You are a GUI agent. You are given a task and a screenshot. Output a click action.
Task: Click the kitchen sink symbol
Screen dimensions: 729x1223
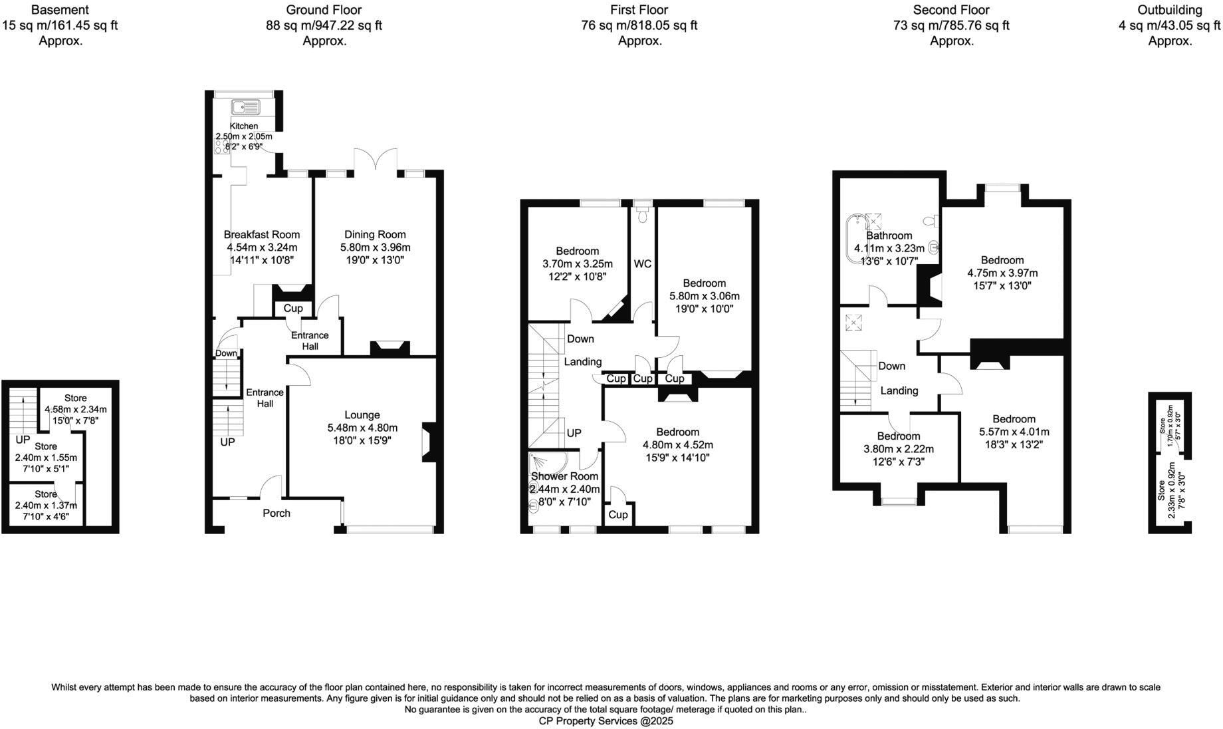pyautogui.click(x=247, y=106)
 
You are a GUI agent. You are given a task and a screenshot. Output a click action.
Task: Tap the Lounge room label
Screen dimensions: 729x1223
pyautogui.click(x=362, y=415)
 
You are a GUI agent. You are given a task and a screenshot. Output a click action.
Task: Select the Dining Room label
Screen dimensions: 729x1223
pyautogui.click(x=375, y=234)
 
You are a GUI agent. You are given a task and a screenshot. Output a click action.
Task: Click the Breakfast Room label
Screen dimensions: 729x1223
pyautogui.click(x=261, y=234)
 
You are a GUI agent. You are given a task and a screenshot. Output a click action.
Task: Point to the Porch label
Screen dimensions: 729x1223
pyautogui.click(x=277, y=513)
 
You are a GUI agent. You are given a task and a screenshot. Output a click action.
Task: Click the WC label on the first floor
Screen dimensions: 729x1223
pyautogui.click(x=642, y=264)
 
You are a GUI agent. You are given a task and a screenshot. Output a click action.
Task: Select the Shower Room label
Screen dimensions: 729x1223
pyautogui.click(x=564, y=476)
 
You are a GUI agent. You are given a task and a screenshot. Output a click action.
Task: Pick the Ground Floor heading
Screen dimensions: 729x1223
pyautogui.click(x=324, y=10)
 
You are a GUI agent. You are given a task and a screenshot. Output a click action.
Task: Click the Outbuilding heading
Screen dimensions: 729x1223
pyautogui.click(x=1169, y=10)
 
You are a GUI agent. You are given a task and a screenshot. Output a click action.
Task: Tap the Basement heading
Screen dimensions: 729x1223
pyautogui.click(x=60, y=10)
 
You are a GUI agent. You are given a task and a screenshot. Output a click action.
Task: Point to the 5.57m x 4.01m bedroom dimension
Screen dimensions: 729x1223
pyautogui.click(x=1014, y=432)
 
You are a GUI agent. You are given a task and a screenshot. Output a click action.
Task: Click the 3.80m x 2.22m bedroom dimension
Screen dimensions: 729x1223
pyautogui.click(x=898, y=449)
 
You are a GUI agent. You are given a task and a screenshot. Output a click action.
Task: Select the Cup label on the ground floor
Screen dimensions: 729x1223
pyautogui.click(x=293, y=309)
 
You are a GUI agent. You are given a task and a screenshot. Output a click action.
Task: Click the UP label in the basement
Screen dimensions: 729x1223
pyautogui.click(x=23, y=440)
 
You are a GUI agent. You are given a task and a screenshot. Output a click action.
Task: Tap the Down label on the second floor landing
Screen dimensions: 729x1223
pyautogui.click(x=891, y=366)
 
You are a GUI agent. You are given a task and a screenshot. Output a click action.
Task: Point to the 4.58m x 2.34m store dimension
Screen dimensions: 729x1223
pyautogui.click(x=75, y=410)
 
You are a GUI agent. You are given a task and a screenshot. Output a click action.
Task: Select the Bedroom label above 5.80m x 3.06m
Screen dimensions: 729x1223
pyautogui.click(x=704, y=283)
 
